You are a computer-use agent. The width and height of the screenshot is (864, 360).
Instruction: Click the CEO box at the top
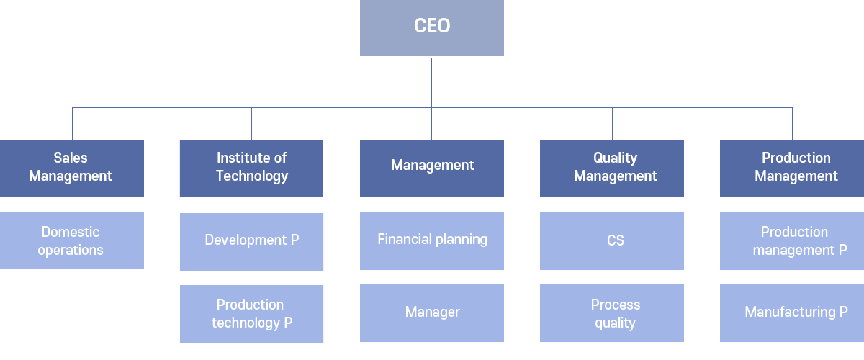(x=431, y=28)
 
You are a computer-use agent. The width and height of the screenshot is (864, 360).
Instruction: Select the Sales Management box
(x=72, y=168)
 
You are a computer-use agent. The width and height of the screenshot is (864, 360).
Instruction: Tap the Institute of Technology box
(x=251, y=168)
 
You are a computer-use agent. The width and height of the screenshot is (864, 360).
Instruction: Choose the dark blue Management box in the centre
(x=431, y=168)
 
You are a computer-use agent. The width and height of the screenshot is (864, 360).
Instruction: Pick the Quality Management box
(x=612, y=168)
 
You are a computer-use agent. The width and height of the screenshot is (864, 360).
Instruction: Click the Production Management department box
(x=792, y=168)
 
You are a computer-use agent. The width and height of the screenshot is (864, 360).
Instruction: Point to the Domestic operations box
(x=72, y=240)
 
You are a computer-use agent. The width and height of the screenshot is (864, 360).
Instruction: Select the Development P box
(x=251, y=242)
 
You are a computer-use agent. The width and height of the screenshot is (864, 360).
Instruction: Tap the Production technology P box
(x=251, y=314)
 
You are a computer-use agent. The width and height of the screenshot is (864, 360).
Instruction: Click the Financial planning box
(x=431, y=241)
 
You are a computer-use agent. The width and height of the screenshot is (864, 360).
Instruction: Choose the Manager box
(x=431, y=313)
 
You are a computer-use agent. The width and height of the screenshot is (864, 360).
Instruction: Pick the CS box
(x=612, y=241)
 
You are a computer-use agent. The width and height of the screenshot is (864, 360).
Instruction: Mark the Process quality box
(x=612, y=313)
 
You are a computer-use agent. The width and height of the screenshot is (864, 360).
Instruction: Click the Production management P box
(x=792, y=241)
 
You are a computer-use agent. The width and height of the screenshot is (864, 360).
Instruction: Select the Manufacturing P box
(x=792, y=313)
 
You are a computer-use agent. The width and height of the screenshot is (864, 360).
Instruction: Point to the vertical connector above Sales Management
(x=72, y=123)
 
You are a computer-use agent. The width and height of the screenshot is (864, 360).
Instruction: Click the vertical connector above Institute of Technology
(x=251, y=123)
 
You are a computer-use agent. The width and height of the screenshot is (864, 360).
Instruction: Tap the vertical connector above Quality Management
(x=612, y=123)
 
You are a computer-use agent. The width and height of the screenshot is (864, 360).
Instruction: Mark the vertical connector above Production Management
(x=792, y=123)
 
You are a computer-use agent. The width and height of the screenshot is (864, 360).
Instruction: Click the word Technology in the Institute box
(x=252, y=176)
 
